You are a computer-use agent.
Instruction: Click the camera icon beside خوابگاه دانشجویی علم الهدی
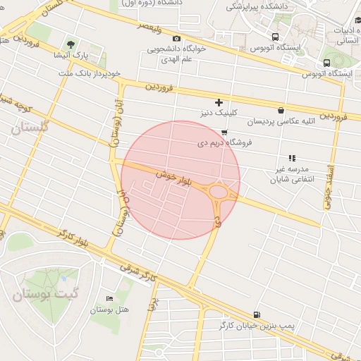tap(176, 39)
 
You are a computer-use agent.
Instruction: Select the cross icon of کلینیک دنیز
tap(219, 102)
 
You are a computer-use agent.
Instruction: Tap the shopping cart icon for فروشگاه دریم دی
tap(224, 132)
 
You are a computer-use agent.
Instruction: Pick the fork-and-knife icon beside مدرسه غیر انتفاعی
tap(291, 158)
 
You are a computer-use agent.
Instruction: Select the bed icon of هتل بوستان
tap(108, 299)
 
